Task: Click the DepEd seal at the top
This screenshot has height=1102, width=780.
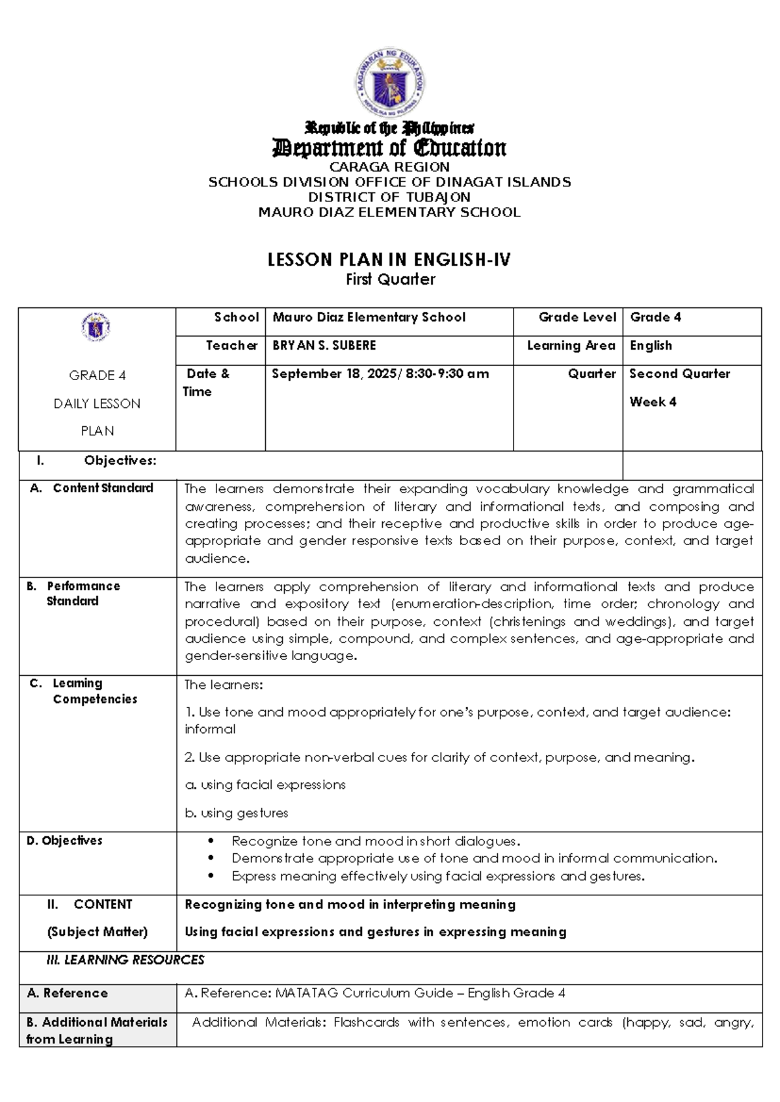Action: point(389,83)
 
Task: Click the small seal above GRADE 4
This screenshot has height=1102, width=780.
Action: point(96,327)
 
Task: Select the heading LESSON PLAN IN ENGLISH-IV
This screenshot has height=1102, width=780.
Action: point(389,261)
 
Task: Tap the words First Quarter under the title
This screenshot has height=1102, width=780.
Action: point(390,280)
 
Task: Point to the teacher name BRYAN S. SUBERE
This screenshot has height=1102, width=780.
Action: point(324,346)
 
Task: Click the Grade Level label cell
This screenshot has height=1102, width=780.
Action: point(577,317)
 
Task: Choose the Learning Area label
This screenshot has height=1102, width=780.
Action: point(571,346)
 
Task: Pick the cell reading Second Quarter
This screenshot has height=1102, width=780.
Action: point(679,374)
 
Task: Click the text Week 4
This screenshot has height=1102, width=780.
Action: point(653,402)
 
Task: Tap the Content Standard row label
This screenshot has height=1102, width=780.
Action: point(103,488)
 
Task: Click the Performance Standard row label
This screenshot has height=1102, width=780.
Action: point(83,593)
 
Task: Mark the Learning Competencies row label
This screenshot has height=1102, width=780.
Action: point(95,691)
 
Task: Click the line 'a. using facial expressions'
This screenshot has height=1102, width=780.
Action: point(265,785)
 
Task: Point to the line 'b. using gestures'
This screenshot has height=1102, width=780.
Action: point(237,813)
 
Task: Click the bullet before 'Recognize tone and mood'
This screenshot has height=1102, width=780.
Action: point(211,841)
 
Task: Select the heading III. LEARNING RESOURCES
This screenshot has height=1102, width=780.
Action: point(125,960)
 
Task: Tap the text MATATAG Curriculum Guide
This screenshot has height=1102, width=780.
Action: point(366,993)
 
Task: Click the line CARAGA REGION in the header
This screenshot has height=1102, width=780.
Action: point(389,167)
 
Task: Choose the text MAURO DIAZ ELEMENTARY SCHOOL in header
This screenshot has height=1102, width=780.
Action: point(389,212)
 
